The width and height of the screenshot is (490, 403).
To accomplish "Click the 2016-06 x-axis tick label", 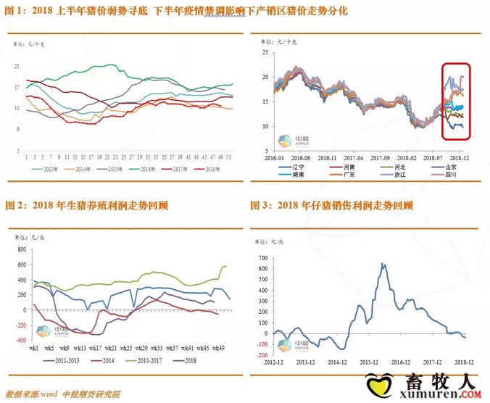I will (300, 157).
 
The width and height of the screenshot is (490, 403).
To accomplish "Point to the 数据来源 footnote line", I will (63, 394).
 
